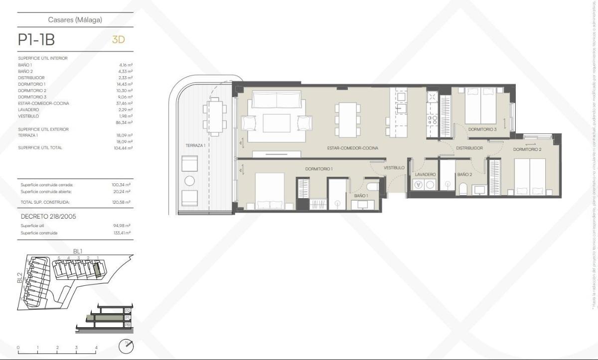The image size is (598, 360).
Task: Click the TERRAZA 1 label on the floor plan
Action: click(x=195, y=145)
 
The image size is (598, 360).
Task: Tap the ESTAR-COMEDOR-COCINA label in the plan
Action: click(x=352, y=148)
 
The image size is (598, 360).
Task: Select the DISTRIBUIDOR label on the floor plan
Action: click(x=469, y=148)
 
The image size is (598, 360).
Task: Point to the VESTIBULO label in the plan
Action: click(x=394, y=168)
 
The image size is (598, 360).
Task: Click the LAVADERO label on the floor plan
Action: click(x=426, y=175)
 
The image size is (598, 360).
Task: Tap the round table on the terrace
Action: click(x=189, y=181)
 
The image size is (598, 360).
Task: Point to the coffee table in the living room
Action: click(x=277, y=123)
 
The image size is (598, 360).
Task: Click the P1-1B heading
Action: click(x=36, y=40)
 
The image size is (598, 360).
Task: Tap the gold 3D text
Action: click(x=118, y=40)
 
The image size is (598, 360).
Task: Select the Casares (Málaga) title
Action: click(x=75, y=20)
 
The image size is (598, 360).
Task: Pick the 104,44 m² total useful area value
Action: click(x=123, y=148)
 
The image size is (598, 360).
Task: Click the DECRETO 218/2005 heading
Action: click(x=48, y=216)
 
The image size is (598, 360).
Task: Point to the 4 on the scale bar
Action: click(x=96, y=348)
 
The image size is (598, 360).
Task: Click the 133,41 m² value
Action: click(x=122, y=233)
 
